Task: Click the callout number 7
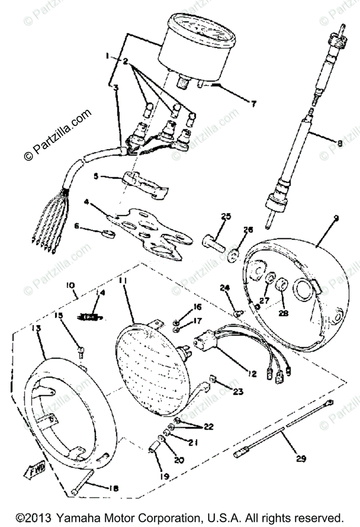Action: (x=253, y=104)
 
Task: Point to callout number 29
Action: (x=301, y=459)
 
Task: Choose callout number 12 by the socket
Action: (x=251, y=374)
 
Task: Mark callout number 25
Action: (x=226, y=217)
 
